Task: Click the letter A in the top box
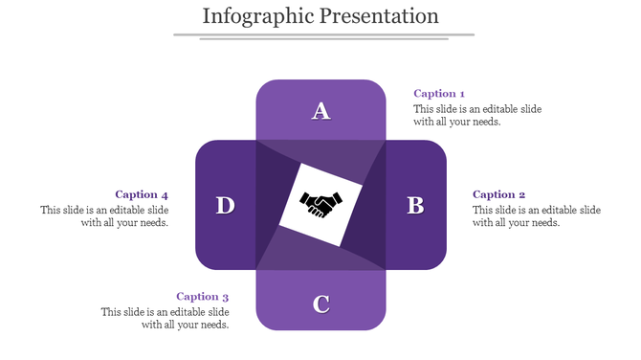tap(321, 112)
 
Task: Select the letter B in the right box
tap(415, 205)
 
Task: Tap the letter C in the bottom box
tap(321, 304)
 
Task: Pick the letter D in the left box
tap(225, 205)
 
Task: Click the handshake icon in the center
tap(321, 204)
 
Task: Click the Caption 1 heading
tap(439, 94)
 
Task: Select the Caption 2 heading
tap(499, 194)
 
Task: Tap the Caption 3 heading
tap(203, 297)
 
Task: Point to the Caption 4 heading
tap(142, 194)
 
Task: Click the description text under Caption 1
tap(477, 115)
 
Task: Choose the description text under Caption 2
tap(537, 216)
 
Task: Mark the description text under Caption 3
tap(166, 318)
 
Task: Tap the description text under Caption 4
tap(104, 216)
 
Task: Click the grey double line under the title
tap(323, 36)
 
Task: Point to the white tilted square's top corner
tap(305, 165)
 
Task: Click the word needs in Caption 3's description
tap(212, 325)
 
